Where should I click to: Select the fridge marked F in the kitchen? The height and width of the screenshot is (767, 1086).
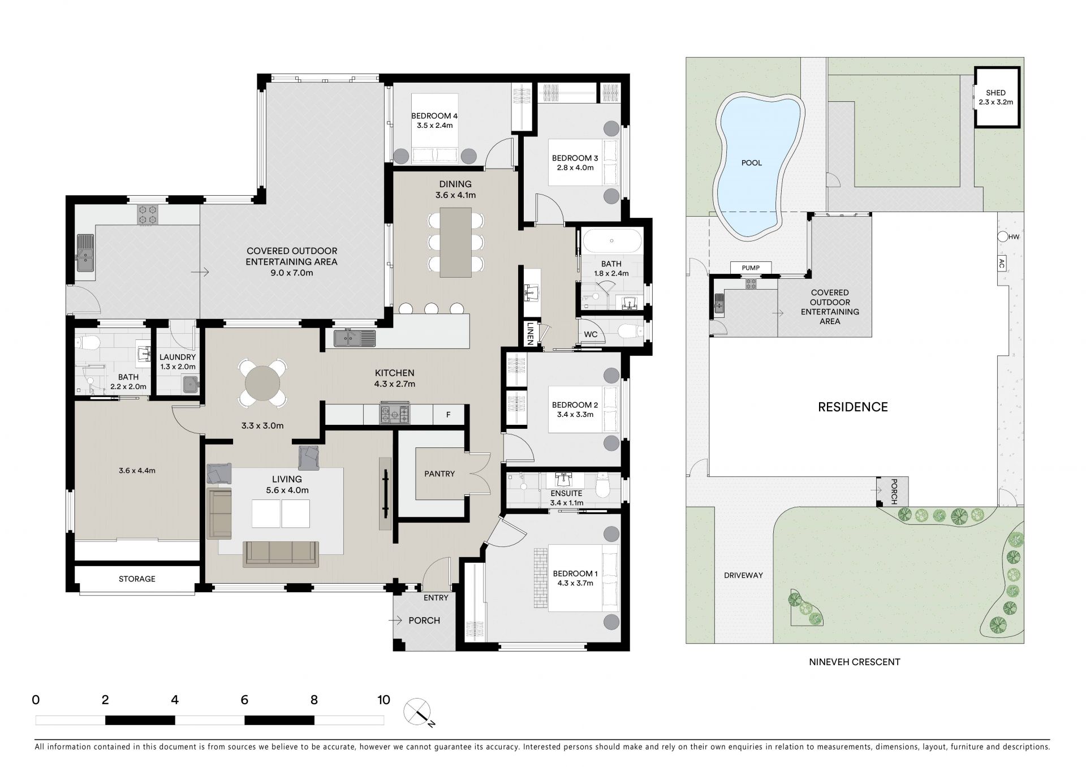pyautogui.click(x=449, y=415)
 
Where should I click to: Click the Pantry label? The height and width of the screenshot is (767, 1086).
pyautogui.click(x=439, y=473)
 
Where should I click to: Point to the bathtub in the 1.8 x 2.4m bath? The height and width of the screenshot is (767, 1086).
pyautogui.click(x=612, y=241)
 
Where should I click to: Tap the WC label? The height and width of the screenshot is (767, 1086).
pyautogui.click(x=591, y=334)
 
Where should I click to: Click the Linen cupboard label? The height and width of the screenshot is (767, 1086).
pyautogui.click(x=531, y=333)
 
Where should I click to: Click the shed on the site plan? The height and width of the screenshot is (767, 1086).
pyautogui.click(x=997, y=97)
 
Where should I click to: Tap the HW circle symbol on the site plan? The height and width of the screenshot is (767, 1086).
pyautogui.click(x=1002, y=237)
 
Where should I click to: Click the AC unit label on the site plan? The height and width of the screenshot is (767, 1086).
pyautogui.click(x=1002, y=263)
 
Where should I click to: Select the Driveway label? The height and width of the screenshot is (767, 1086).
pyautogui.click(x=743, y=575)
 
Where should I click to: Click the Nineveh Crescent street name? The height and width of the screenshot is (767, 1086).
pyautogui.click(x=854, y=662)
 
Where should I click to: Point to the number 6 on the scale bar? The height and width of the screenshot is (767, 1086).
pyautogui.click(x=244, y=700)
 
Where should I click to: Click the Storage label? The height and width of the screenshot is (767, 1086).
pyautogui.click(x=137, y=579)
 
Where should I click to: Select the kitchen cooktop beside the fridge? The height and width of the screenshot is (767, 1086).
pyautogui.click(x=395, y=413)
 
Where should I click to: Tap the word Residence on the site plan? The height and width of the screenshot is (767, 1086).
pyautogui.click(x=853, y=407)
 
